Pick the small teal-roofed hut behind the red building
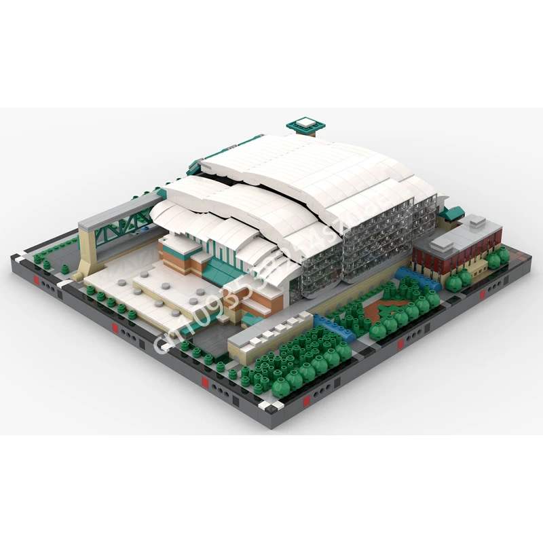coord(451,213)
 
